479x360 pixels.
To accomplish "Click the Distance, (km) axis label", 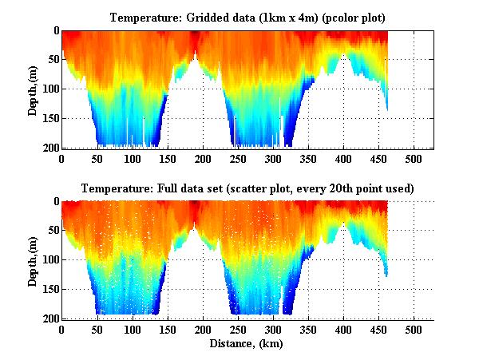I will [247, 345].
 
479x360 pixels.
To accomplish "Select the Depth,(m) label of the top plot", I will [33, 89].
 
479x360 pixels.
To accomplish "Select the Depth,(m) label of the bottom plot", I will [33, 260].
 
